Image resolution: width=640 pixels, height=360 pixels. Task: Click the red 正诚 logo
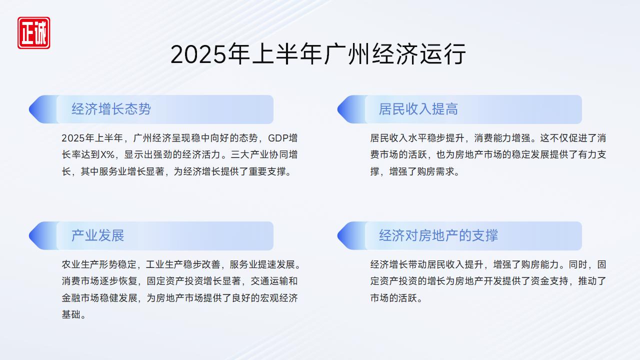(33, 33)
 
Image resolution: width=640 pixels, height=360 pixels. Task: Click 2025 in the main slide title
(198, 54)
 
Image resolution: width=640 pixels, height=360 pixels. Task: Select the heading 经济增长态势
(111, 109)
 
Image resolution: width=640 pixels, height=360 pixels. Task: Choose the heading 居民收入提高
(418, 109)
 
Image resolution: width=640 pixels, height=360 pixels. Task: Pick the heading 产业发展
(97, 235)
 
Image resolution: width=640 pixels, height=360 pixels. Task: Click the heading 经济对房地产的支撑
(438, 235)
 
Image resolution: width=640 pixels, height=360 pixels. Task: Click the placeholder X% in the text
(107, 155)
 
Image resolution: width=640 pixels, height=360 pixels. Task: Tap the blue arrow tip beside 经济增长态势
(29, 109)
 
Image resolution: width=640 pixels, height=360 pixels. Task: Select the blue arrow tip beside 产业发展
(29, 235)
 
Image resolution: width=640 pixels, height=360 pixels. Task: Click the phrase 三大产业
(249, 155)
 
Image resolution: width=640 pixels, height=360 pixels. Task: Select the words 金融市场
(80, 298)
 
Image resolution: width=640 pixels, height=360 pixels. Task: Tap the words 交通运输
(269, 281)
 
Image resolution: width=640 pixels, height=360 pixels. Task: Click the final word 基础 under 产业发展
(71, 315)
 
